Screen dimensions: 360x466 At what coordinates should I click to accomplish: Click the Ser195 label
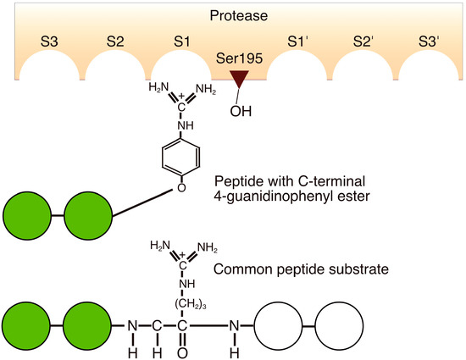(235, 61)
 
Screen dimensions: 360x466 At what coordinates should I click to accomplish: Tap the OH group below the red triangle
(241, 110)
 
